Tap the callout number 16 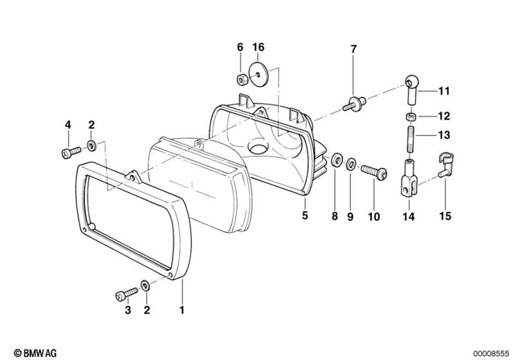click(259, 48)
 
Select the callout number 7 click(353, 50)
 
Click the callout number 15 click(445, 216)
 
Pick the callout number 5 click(304, 216)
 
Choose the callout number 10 click(372, 216)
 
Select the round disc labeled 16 click(258, 72)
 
